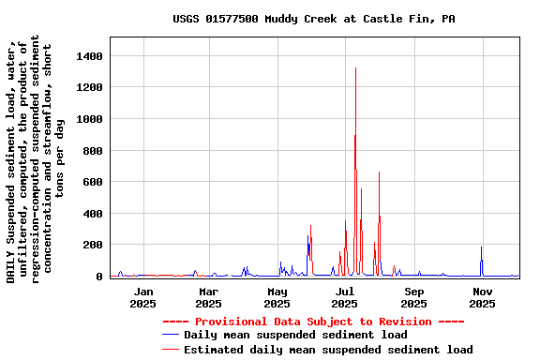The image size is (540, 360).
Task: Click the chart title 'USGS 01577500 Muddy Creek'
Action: point(314,19)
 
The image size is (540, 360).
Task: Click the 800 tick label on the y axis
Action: point(91,151)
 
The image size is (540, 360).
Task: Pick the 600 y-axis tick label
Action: point(91,183)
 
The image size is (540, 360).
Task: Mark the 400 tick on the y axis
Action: point(91,214)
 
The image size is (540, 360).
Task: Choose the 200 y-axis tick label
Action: point(91,246)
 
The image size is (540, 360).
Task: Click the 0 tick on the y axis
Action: point(97,277)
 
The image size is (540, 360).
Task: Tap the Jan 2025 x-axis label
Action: point(143,297)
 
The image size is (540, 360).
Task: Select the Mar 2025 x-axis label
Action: point(209,297)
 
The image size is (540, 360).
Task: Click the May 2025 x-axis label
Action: point(277,297)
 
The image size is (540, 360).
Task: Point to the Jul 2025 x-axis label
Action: point(345,297)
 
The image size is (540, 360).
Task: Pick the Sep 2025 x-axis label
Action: point(414,297)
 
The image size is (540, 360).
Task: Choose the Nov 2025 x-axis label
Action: point(482,297)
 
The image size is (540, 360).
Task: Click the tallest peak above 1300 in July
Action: point(355,69)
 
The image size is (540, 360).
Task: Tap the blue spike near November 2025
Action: point(481,249)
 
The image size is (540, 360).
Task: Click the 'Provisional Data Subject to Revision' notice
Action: point(313,322)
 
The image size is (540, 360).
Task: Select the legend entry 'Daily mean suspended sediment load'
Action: point(295,335)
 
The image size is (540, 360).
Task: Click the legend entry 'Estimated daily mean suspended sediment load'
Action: point(328,350)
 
